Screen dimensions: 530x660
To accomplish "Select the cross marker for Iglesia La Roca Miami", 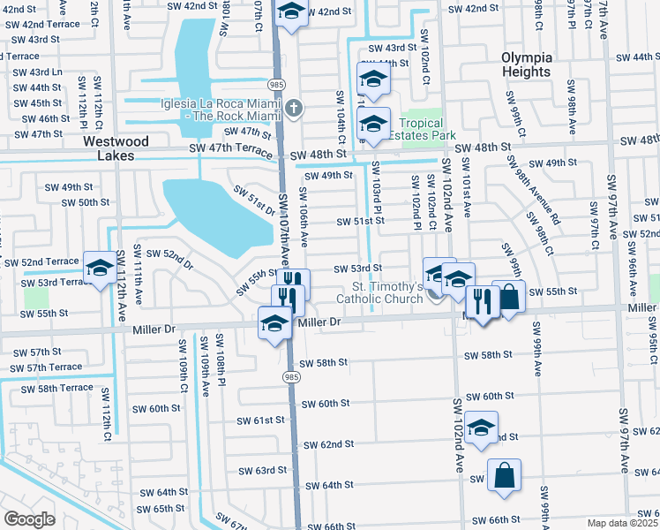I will click(x=294, y=110).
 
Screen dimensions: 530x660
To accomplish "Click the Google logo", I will click(x=29, y=519).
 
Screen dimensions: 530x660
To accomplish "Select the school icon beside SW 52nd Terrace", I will click(x=100, y=267).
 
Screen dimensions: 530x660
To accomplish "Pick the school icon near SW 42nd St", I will click(x=290, y=12).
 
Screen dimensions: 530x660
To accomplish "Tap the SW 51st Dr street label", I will click(x=254, y=201).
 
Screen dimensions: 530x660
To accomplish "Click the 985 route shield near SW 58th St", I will click(x=291, y=376).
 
